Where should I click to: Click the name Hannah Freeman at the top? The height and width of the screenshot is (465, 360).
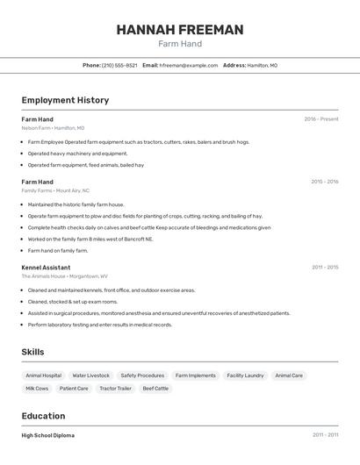(x=180, y=30)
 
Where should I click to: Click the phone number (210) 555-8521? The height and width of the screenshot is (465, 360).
(x=119, y=65)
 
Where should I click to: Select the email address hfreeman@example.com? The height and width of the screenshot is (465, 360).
(x=189, y=65)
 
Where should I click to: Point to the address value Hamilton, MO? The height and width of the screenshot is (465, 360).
(x=262, y=65)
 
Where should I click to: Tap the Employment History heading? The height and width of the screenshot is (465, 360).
(x=65, y=100)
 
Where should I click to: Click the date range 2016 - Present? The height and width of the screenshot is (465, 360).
(x=320, y=118)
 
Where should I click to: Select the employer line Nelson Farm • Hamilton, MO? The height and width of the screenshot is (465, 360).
(x=53, y=128)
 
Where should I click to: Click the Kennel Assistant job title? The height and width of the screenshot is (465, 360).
(x=46, y=267)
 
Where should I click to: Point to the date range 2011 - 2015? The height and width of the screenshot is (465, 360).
(x=324, y=267)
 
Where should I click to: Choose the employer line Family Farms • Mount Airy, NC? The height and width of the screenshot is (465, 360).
(x=55, y=190)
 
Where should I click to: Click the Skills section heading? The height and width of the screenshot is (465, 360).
(x=33, y=352)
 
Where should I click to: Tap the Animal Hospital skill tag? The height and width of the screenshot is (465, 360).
(x=43, y=376)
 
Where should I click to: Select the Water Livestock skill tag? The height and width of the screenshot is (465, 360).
(x=91, y=376)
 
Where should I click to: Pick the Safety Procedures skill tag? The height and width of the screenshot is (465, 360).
(x=142, y=376)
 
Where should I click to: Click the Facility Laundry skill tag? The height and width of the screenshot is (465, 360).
(x=245, y=376)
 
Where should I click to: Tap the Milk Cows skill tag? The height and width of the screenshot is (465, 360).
(x=38, y=388)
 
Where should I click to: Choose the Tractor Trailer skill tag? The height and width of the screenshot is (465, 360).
(x=115, y=388)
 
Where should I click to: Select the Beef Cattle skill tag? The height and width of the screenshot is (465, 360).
(x=155, y=388)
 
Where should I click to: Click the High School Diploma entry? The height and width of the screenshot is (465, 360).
(x=48, y=435)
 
